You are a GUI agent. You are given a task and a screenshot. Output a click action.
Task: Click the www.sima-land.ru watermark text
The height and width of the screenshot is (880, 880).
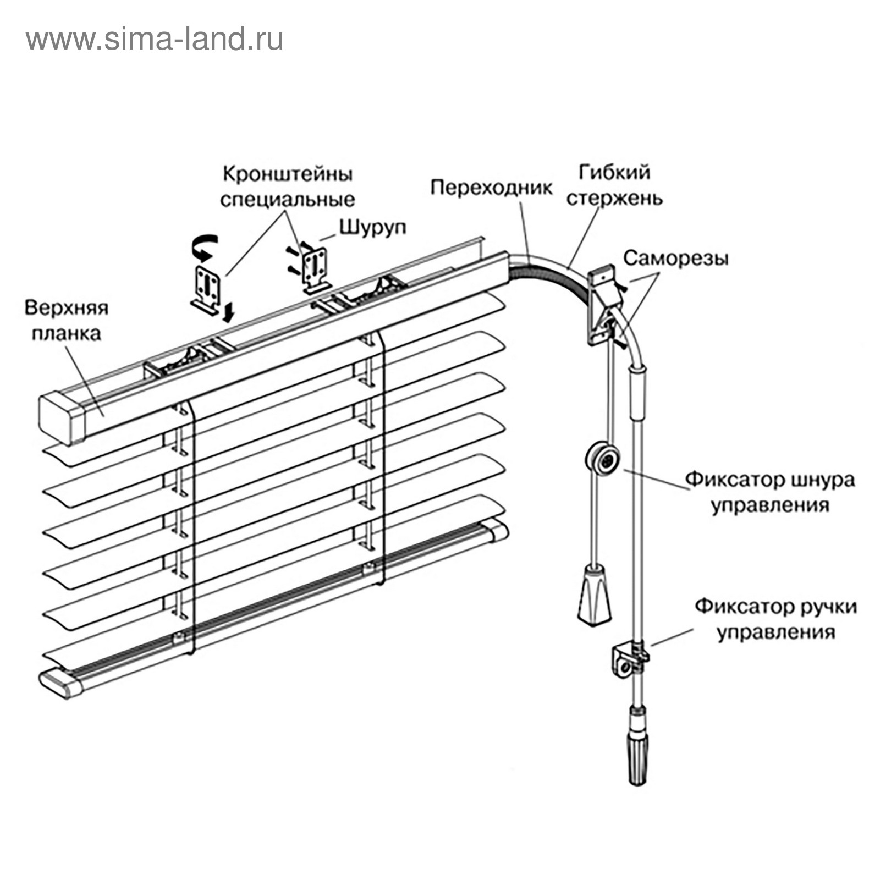tap(155, 40)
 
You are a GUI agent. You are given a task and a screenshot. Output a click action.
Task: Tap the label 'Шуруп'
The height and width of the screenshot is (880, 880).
tap(372, 227)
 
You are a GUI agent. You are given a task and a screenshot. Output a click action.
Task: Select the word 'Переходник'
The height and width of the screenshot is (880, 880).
tap(491, 188)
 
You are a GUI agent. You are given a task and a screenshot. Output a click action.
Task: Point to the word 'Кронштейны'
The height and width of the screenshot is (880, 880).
tap(288, 174)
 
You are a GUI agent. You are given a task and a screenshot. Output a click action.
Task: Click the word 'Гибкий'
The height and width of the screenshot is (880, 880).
tap(614, 172)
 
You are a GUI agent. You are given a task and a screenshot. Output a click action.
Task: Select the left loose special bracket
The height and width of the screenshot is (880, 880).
tap(207, 288)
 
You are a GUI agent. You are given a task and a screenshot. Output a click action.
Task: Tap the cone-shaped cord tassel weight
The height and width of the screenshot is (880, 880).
tap(595, 596)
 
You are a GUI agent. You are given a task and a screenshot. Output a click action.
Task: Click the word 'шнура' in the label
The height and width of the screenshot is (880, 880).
tap(823, 480)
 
